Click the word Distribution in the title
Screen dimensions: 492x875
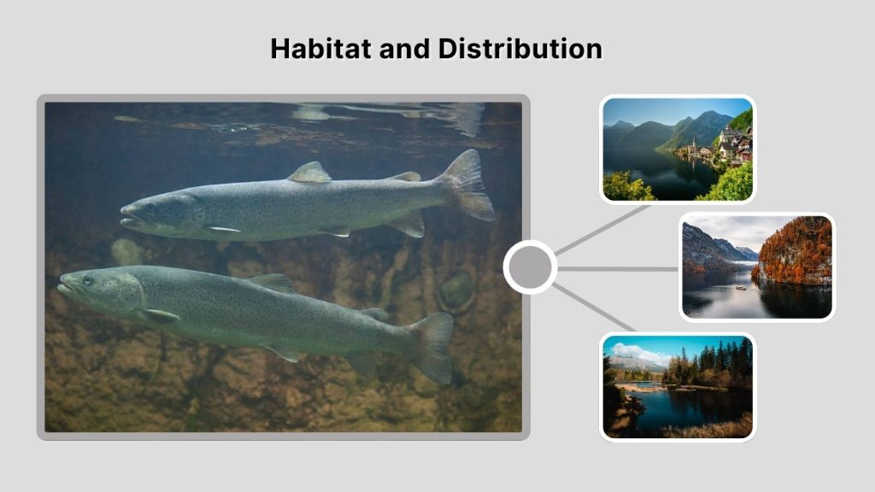pyautogui.click(x=520, y=49)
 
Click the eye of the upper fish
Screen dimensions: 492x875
pyautogui.click(x=151, y=207)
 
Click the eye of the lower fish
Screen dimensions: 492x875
pyautogui.click(x=87, y=280)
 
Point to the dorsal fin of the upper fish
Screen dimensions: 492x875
pyautogui.click(x=309, y=173)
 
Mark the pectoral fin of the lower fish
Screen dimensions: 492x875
pyautogui.click(x=159, y=316)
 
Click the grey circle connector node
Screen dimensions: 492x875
pyautogui.click(x=530, y=267)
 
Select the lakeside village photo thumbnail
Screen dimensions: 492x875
pyautogui.click(x=678, y=149)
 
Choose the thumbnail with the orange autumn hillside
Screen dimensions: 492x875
pyautogui.click(x=756, y=266)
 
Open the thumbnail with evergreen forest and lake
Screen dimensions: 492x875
pyautogui.click(x=678, y=386)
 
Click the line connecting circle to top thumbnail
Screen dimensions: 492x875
pyautogui.click(x=602, y=230)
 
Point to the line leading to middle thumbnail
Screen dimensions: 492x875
pyautogui.click(x=617, y=268)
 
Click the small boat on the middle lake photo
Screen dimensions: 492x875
pyautogui.click(x=741, y=286)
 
